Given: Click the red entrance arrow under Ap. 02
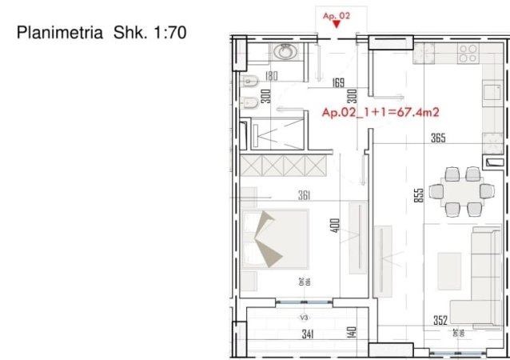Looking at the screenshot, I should [338, 24].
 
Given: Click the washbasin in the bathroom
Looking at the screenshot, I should [284, 52].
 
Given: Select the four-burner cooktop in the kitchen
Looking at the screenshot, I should [468, 54].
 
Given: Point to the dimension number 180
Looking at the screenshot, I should [271, 78].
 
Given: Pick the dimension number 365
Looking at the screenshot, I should [438, 138].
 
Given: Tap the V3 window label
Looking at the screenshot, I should [304, 318].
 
